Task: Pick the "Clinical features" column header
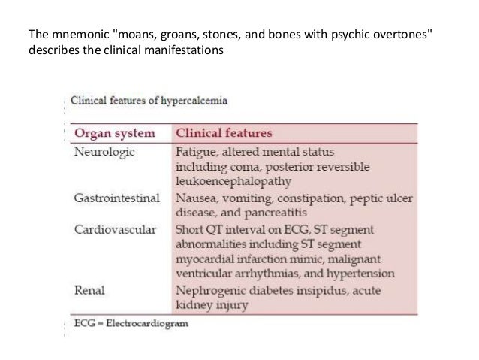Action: pyautogui.click(x=221, y=133)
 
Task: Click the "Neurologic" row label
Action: pyautogui.click(x=104, y=151)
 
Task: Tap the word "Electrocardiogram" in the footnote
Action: pyautogui.click(x=150, y=323)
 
